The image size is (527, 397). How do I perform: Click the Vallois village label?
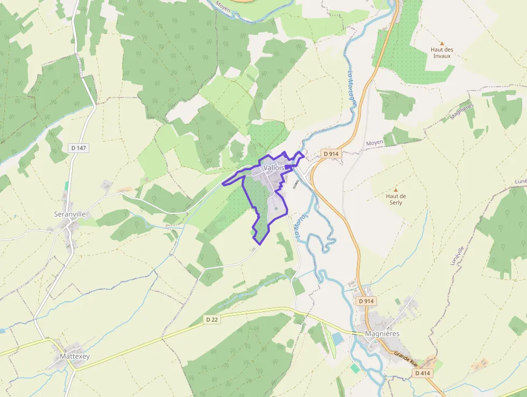[x=274, y=168]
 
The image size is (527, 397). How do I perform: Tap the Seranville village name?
[x=70, y=214]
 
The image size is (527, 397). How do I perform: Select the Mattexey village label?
[x=75, y=357]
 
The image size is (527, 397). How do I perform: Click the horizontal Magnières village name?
[x=382, y=333]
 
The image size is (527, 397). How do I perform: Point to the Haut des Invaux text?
[x=442, y=53]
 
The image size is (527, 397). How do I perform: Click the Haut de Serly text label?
[x=396, y=199]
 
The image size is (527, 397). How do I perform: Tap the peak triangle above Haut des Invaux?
[x=442, y=43]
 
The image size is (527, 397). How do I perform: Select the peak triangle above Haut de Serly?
[x=396, y=190]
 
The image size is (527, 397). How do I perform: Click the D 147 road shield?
[x=78, y=148]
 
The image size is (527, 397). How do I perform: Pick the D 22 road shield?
[x=212, y=319]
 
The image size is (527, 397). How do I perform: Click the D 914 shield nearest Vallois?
[x=331, y=154]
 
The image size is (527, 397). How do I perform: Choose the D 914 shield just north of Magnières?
[x=366, y=301]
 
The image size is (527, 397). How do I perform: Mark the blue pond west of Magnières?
[x=337, y=338]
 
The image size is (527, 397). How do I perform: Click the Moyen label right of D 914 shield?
[x=374, y=143]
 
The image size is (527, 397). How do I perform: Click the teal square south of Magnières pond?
[x=355, y=368]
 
